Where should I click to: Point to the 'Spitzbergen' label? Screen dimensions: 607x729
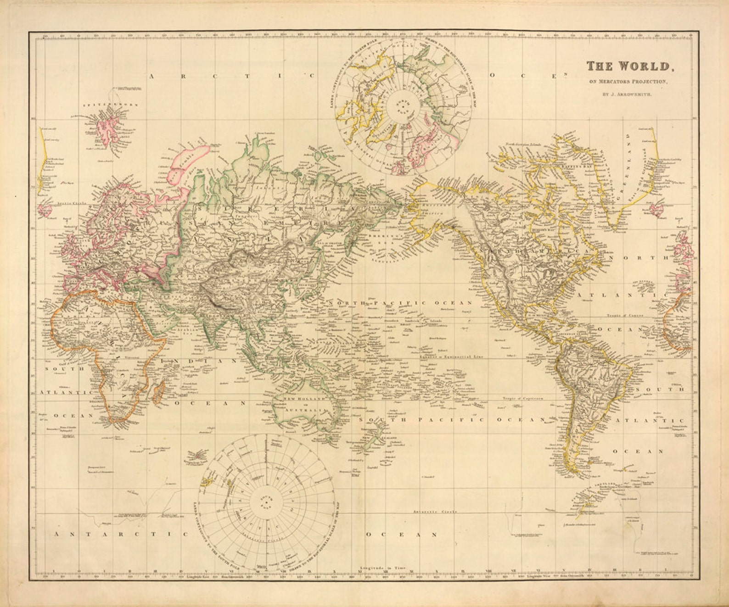click(x=105, y=105)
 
